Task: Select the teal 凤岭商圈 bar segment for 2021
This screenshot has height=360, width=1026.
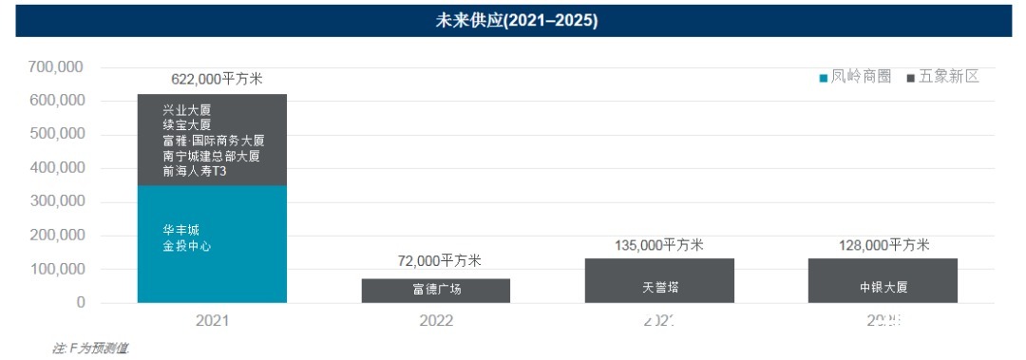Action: pyautogui.click(x=212, y=271)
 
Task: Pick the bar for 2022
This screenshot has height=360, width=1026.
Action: pyautogui.click(x=435, y=290)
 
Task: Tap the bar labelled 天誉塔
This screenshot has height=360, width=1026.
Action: pyautogui.click(x=659, y=280)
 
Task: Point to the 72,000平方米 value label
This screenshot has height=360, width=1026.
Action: pyautogui.click(x=439, y=261)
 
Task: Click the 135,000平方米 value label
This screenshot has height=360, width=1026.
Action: pyautogui.click(x=659, y=245)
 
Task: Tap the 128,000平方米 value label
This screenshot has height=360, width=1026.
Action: pyautogui.click(x=884, y=245)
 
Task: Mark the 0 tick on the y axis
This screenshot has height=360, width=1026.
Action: pyautogui.click(x=81, y=303)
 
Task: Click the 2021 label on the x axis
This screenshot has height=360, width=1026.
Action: pyautogui.click(x=212, y=321)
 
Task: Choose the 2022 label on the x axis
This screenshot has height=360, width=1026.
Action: pyautogui.click(x=436, y=321)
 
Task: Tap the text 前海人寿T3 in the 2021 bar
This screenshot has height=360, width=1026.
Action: pyautogui.click(x=196, y=171)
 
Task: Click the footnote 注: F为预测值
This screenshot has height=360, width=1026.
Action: pyautogui.click(x=90, y=349)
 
